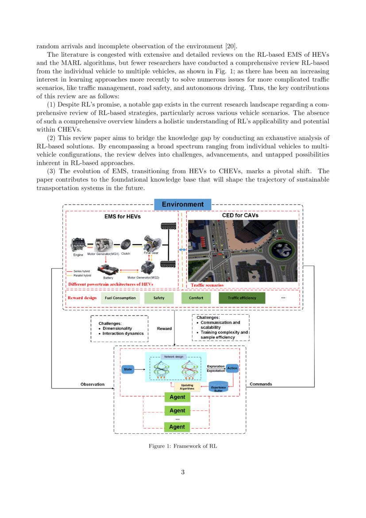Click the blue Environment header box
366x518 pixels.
(182, 204)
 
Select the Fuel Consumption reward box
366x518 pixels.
(120, 298)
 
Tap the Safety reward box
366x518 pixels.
(158, 298)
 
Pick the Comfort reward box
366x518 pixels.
(196, 298)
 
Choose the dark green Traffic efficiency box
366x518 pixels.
(242, 298)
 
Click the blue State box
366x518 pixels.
(128, 369)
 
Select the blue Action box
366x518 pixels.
(232, 368)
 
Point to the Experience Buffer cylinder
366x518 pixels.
(218, 387)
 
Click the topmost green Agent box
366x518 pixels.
(177, 397)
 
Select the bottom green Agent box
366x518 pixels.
(177, 427)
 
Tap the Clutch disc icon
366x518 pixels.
(126, 244)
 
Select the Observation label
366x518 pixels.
(92, 384)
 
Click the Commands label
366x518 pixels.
(261, 384)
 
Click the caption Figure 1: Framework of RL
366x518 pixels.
(182, 446)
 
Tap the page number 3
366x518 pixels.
(182, 472)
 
